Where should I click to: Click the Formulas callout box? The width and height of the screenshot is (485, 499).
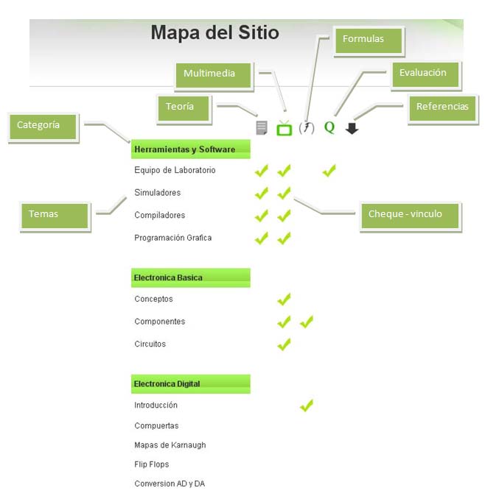(369, 40)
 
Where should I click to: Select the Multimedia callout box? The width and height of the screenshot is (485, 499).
(214, 75)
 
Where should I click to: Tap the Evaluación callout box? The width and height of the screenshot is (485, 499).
(426, 74)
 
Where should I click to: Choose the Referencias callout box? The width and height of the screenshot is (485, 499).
(443, 109)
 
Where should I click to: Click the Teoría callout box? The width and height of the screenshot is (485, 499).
(184, 108)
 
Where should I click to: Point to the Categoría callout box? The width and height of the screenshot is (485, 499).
(43, 127)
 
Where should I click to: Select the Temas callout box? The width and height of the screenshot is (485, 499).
(55, 216)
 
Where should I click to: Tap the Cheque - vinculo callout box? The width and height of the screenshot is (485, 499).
(410, 216)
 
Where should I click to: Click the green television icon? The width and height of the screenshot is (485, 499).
(284, 128)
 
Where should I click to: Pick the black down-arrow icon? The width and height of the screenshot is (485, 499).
(352, 128)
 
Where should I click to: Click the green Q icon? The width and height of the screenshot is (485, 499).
(329, 127)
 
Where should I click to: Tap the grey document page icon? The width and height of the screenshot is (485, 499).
(262, 128)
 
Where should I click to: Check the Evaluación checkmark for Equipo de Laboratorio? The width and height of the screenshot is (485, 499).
(329, 171)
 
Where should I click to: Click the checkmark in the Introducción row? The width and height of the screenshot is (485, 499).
(307, 406)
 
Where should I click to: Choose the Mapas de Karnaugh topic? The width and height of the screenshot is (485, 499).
(170, 445)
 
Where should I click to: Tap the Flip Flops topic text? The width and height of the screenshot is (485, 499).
(152, 464)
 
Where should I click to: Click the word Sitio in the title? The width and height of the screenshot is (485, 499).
(259, 32)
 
